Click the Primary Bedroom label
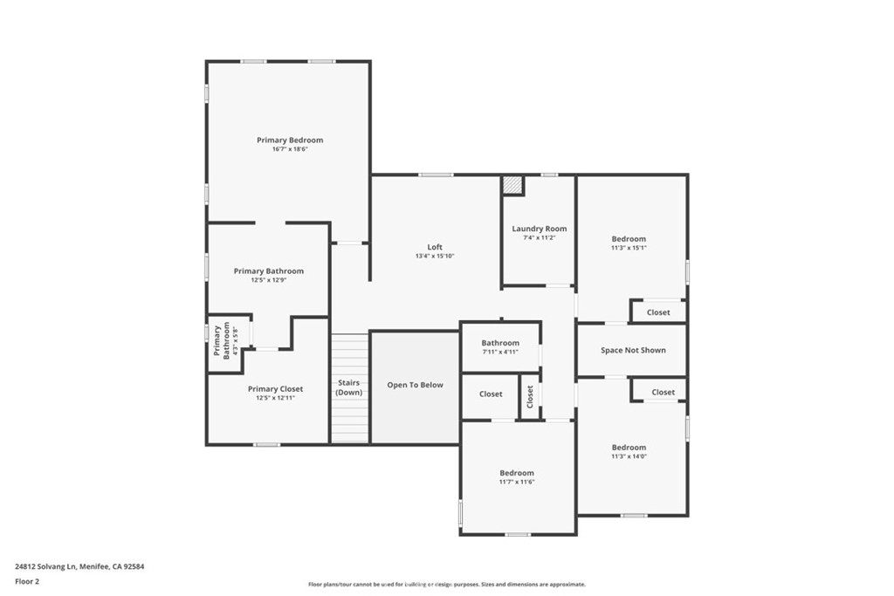pos(290,140)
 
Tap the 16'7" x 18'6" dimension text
pos(290,149)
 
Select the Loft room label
pos(435,247)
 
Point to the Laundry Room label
pos(539,229)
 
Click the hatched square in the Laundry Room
pos(512,185)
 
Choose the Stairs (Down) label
pos(349,387)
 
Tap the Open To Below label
pos(416,385)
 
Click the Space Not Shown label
pos(633,350)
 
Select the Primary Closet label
pos(276,388)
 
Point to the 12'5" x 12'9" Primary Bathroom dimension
pos(269,280)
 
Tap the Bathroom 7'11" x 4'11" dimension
pos(500,352)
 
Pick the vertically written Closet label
pos(530,396)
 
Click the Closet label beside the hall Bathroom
pos(491,394)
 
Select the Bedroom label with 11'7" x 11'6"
pos(517,472)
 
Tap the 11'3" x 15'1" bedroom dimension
pos(629,248)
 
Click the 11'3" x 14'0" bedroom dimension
pos(629,456)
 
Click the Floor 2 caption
pos(27,580)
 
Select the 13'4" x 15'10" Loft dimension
pos(435,256)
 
